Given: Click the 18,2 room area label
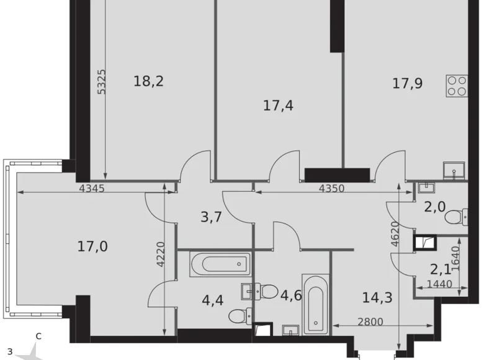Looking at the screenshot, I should [x=149, y=81].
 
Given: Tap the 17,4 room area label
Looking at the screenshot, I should [x=278, y=106].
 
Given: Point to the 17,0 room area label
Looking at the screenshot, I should [x=92, y=246].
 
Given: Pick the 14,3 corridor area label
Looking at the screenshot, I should [x=377, y=297].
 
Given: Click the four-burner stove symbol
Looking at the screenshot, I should [x=457, y=85].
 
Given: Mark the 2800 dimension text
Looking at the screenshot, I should [x=371, y=322].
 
